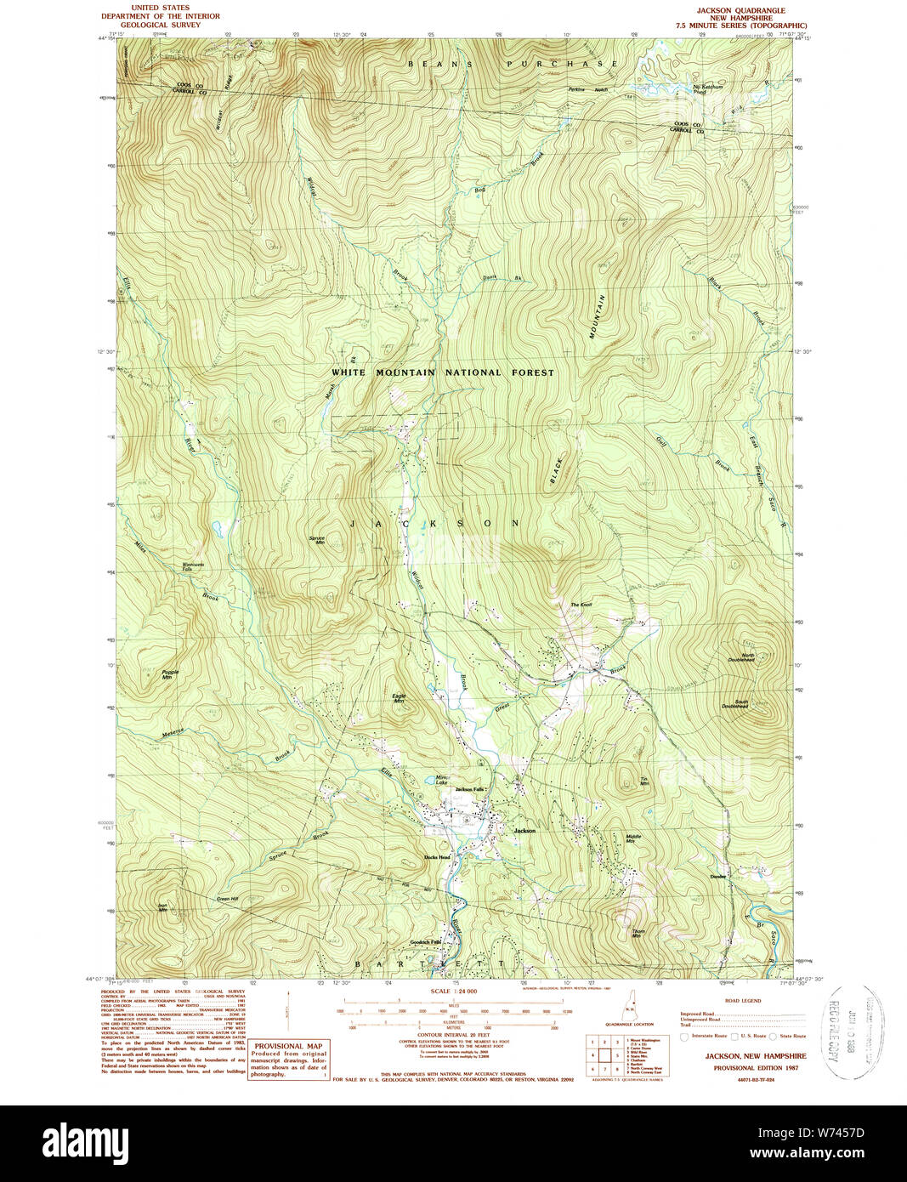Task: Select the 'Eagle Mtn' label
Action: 399,698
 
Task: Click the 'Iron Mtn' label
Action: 162,907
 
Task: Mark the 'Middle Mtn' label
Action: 634,838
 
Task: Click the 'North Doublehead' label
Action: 741,657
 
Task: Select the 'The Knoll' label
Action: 581,605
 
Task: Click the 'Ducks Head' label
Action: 436,857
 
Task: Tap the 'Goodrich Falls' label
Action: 426,942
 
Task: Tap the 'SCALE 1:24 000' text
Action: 454,992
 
